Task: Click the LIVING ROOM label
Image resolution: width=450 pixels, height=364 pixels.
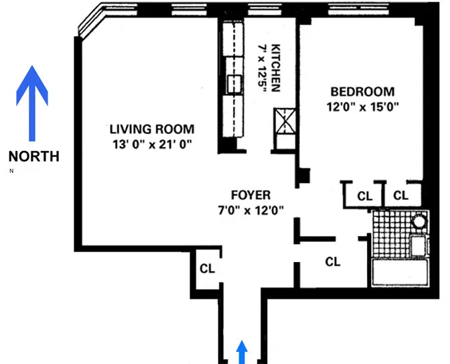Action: (x=152, y=129)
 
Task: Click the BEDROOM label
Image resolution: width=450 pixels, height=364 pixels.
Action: (x=362, y=92)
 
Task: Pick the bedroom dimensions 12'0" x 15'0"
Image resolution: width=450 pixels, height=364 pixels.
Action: (x=362, y=107)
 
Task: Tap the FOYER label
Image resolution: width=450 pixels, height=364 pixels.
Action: (x=250, y=195)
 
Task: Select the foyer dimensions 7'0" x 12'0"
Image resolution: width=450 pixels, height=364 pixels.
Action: (x=250, y=209)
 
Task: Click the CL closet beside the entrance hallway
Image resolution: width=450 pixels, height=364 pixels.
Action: (x=207, y=268)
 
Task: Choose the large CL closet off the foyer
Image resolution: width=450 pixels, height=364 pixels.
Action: (x=333, y=261)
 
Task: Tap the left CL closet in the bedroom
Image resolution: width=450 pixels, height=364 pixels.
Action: (x=364, y=196)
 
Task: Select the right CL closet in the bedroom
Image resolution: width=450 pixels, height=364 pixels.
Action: (x=400, y=196)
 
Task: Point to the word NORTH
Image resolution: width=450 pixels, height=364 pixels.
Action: (x=33, y=157)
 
